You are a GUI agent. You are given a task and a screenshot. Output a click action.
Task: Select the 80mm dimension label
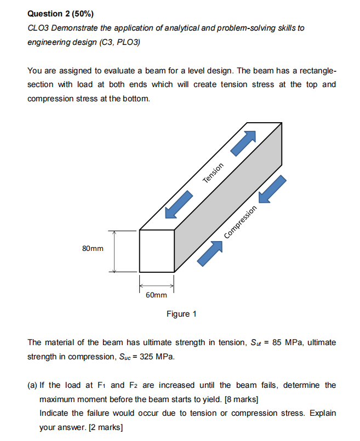[93, 249]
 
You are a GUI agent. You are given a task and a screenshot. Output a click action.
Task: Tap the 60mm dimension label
[157, 295]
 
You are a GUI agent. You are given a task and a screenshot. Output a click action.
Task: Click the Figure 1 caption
[181, 314]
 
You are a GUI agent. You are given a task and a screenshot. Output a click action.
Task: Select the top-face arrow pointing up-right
[243, 142]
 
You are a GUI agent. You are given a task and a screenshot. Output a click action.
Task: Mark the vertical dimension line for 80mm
[114, 250]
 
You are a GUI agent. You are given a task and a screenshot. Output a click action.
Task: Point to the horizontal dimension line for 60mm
[157, 285]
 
